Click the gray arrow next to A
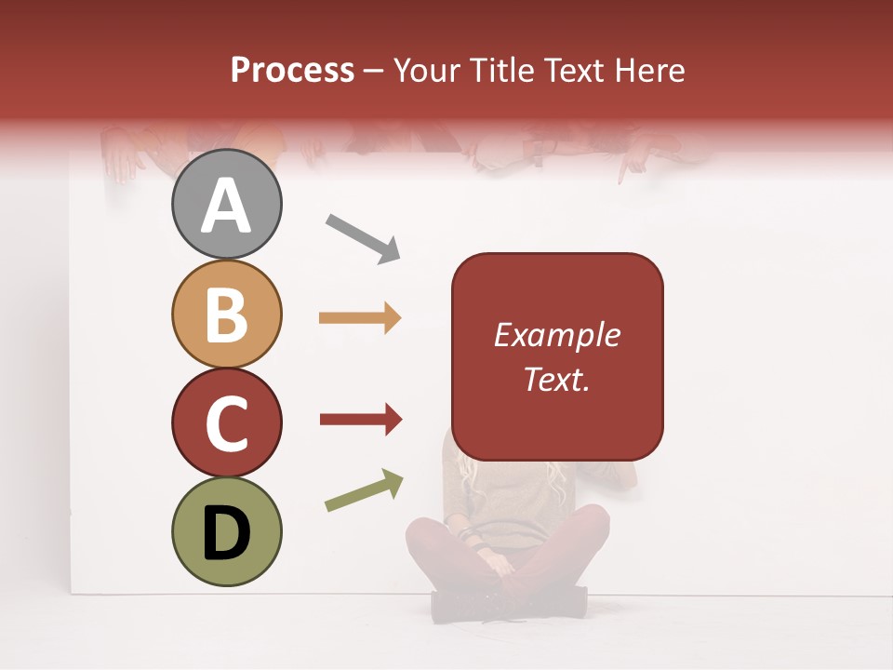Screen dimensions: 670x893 [x=362, y=238]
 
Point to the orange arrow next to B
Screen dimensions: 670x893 [x=360, y=318]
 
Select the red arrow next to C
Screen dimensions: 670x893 [x=361, y=421]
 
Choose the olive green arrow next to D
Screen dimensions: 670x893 [x=364, y=491]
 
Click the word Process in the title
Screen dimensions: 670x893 [x=292, y=70]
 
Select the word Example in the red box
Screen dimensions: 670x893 [x=556, y=335]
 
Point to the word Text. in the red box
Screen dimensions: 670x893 [x=556, y=379]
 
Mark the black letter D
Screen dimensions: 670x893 [x=226, y=532]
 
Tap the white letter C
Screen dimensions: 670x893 [x=226, y=423]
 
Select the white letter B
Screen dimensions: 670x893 [x=226, y=314]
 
